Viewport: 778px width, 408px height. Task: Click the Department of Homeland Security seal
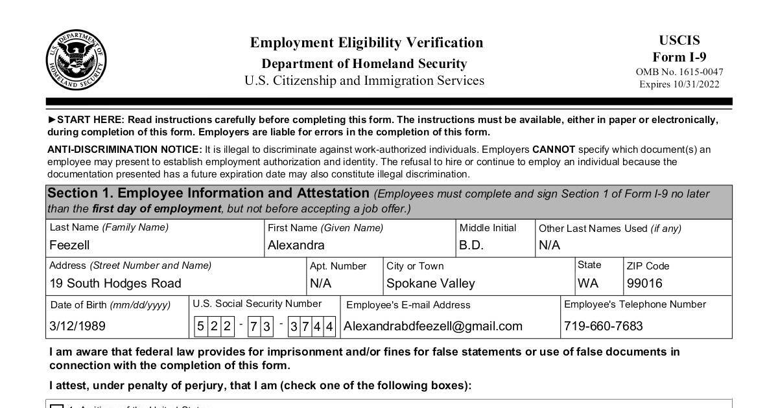[76, 60]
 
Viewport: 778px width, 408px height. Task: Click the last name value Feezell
[69, 245]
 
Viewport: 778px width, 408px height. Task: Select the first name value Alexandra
[296, 245]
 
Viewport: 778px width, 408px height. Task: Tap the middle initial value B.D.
[471, 245]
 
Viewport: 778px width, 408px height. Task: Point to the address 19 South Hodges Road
[115, 284]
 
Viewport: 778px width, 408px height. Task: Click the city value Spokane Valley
[430, 284]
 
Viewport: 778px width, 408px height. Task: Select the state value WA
[588, 284]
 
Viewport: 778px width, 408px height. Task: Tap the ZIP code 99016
[644, 284]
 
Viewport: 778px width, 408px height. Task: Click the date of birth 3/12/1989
[77, 326]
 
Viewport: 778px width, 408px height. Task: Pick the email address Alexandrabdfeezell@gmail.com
[433, 326]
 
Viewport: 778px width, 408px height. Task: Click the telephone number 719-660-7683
[604, 326]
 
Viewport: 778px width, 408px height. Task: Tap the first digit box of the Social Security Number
[200, 326]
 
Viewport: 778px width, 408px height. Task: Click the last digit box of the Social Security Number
[330, 326]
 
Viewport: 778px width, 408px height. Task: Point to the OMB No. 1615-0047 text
[679, 72]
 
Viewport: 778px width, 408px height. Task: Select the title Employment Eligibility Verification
[366, 43]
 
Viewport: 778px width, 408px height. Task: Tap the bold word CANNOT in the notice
[554, 150]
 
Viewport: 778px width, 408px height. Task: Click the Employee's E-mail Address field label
[408, 305]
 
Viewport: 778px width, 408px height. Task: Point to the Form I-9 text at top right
[679, 56]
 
